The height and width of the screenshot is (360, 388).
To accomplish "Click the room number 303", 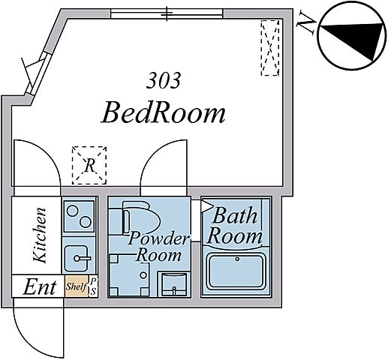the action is coord(163,80).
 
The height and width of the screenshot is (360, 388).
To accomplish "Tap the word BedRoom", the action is coord(163,114).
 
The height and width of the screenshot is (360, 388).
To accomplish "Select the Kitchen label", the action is coord(40,235).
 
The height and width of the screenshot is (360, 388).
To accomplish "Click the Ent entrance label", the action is coord(39,287).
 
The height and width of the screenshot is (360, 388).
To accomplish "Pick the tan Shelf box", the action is coord(77,286).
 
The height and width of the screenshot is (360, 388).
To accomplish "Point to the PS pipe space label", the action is coord(93,286).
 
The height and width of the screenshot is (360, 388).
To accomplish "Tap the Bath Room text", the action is coord(235,226).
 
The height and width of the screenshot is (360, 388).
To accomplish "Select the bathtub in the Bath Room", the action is coord(236,271).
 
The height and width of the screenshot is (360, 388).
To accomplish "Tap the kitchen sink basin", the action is coord(77,259).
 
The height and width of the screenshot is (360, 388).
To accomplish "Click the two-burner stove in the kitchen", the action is coord(79,216).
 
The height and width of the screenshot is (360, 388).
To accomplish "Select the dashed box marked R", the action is coord(89,166).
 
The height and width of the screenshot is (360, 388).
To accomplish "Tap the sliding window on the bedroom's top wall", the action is coord(167,13).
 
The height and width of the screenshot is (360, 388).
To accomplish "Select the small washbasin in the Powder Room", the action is coord(174,284).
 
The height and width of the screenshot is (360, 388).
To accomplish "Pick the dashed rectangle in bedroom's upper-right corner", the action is coord(270,48).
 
